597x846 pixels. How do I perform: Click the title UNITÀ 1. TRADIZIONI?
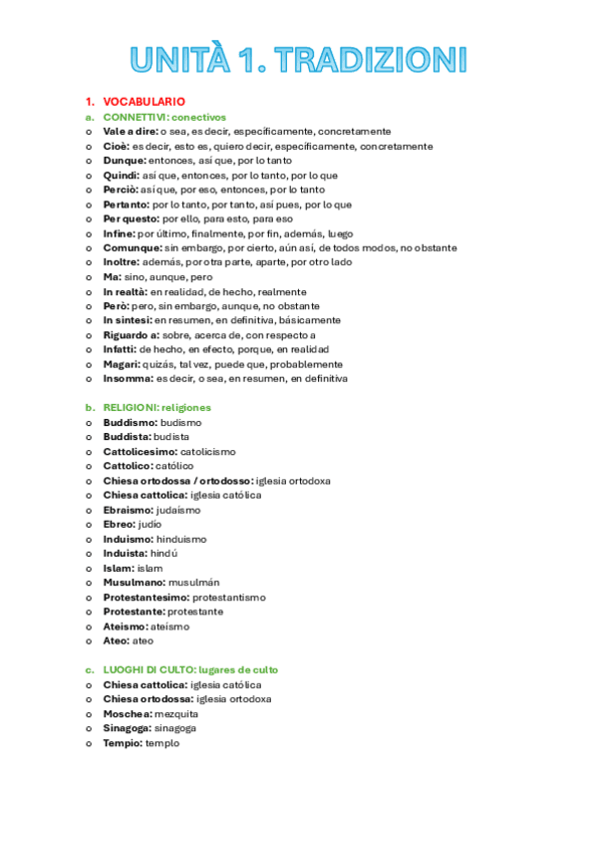coord(298,59)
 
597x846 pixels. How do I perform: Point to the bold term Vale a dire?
coord(127,132)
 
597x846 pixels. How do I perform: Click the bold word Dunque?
coord(124,161)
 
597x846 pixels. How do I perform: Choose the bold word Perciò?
coord(120,190)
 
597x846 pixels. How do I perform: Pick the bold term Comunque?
coord(133,247)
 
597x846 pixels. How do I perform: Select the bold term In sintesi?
coord(127,320)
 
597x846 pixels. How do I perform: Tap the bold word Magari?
coord(122,364)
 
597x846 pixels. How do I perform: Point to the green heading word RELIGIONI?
coord(130,407)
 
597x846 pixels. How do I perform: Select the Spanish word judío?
coord(149,524)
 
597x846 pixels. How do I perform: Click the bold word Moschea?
coord(127,713)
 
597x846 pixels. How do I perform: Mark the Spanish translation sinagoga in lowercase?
coord(173,728)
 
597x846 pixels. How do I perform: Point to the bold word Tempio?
coord(122,742)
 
